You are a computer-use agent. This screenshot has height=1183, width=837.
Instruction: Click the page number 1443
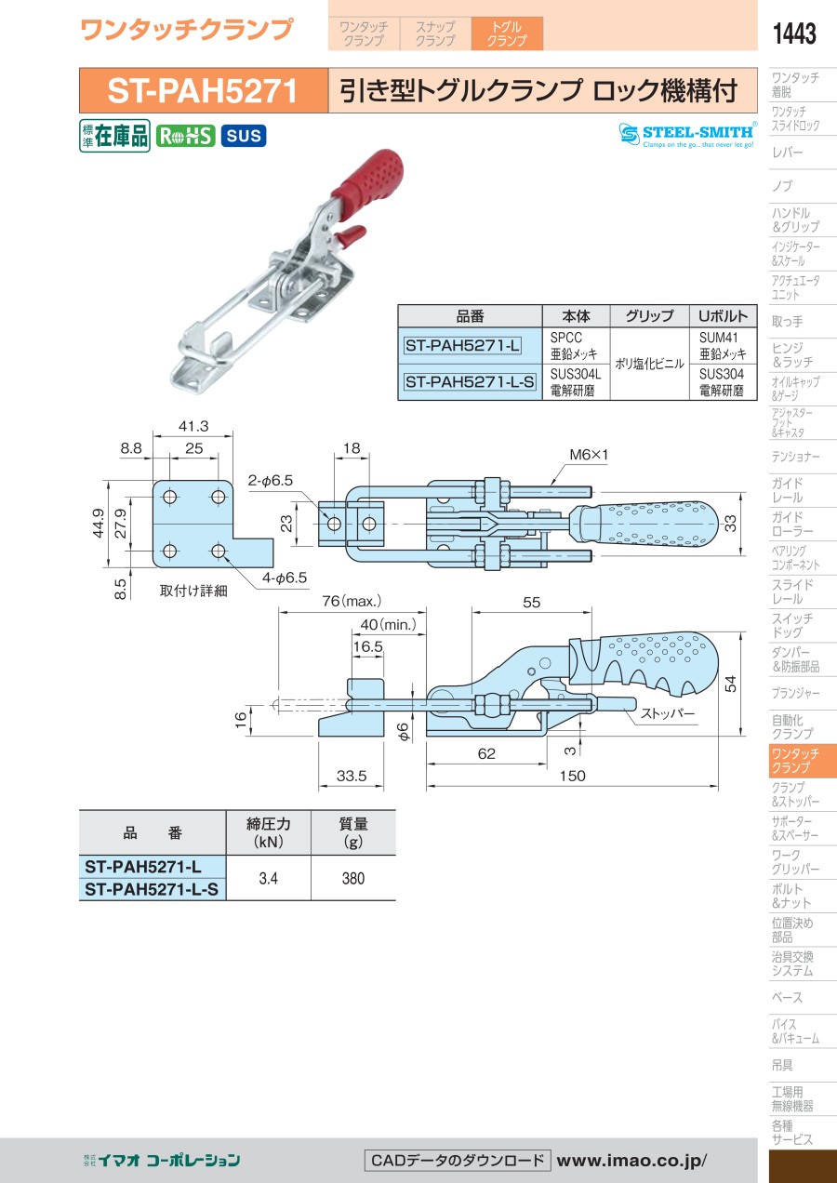pyautogui.click(x=794, y=34)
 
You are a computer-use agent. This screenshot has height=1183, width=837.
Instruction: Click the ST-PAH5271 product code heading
pyautogui.click(x=203, y=91)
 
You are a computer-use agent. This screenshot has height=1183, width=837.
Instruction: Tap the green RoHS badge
pyautogui.click(x=185, y=136)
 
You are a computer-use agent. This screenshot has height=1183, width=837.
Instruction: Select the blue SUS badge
pyautogui.click(x=244, y=136)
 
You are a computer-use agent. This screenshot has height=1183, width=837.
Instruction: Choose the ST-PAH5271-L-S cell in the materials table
pyautogui.click(x=470, y=381)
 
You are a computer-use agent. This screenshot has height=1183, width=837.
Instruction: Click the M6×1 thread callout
pyautogui.click(x=588, y=455)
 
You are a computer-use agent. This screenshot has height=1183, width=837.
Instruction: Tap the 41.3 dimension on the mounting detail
pyautogui.click(x=193, y=427)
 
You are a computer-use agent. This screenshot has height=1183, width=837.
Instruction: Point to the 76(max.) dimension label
pyautogui.click(x=352, y=602)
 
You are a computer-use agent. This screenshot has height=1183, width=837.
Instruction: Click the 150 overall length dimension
pyautogui.click(x=573, y=776)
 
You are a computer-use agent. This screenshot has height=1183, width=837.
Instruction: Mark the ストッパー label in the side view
pyautogui.click(x=667, y=714)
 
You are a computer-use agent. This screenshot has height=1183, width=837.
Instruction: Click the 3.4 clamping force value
pyautogui.click(x=269, y=878)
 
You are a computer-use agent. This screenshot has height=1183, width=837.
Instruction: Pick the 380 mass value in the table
pyautogui.click(x=353, y=878)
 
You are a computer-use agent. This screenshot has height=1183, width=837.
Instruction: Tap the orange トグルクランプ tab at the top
pyautogui.click(x=507, y=33)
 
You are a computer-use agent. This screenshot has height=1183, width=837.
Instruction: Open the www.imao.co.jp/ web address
pyautogui.click(x=631, y=1160)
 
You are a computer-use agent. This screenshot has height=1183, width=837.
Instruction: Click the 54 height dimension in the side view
pyautogui.click(x=731, y=684)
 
